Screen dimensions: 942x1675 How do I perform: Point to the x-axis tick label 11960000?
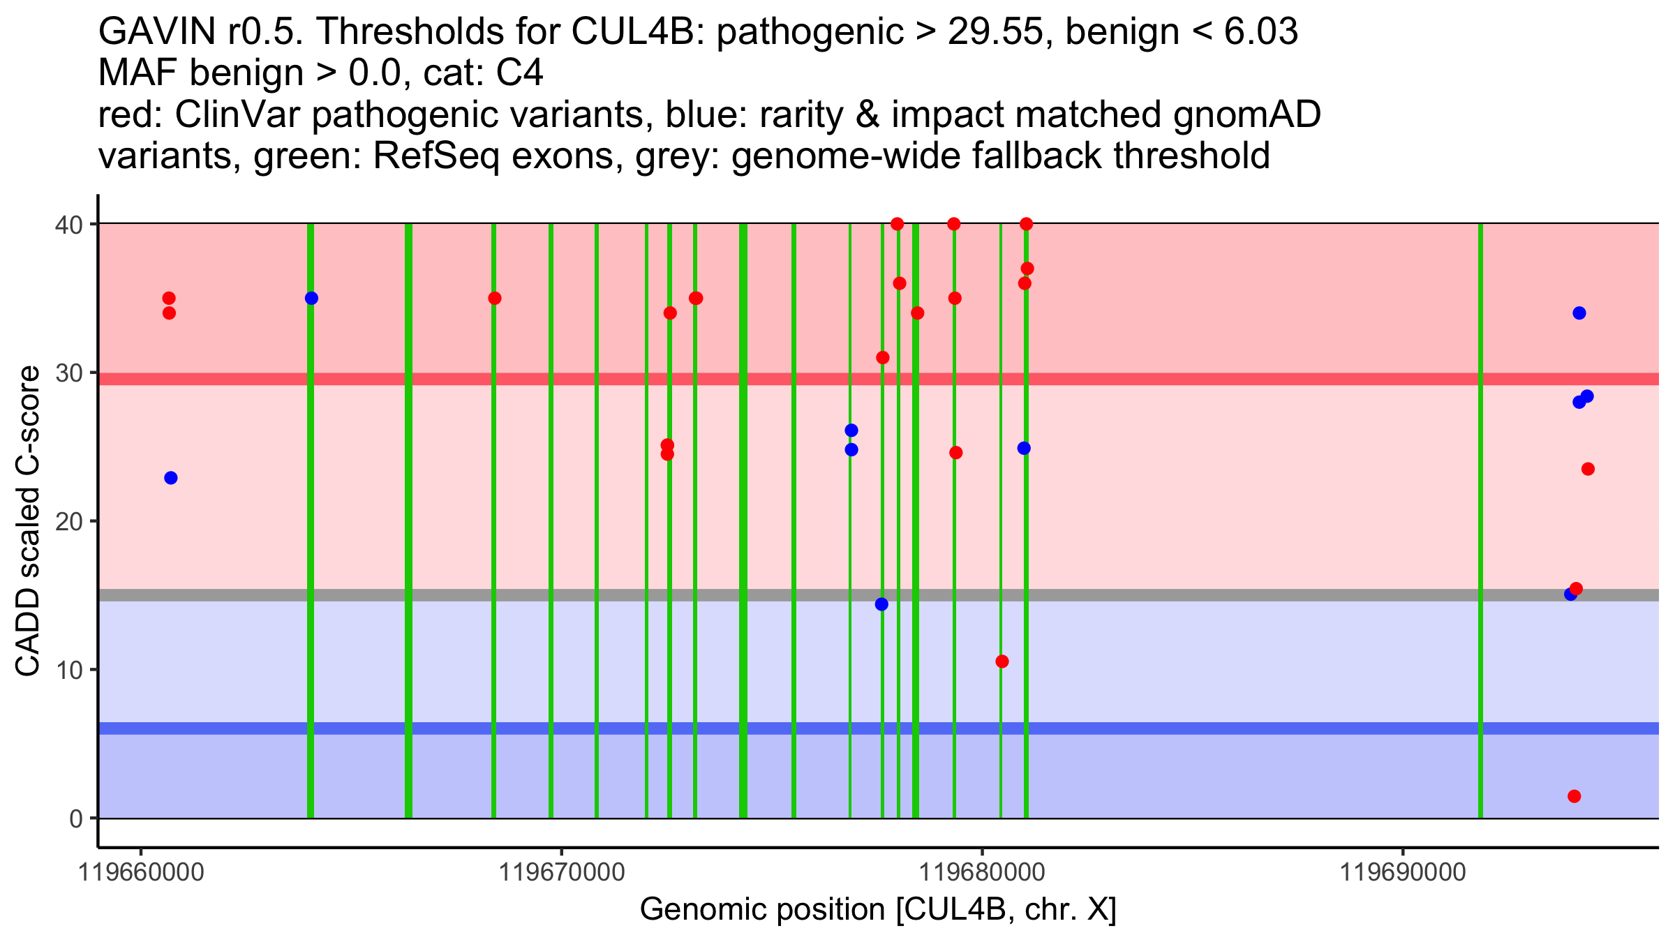[142, 873]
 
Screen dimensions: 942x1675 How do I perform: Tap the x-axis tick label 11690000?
[1404, 873]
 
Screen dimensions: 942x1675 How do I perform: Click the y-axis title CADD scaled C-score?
[28, 521]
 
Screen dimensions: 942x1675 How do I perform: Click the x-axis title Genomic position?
[878, 910]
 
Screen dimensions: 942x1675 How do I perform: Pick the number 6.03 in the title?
[1260, 31]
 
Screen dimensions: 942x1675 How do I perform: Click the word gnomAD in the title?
[1246, 114]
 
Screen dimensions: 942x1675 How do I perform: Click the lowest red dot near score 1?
[1574, 796]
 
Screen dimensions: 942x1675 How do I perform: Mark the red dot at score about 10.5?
[1002, 661]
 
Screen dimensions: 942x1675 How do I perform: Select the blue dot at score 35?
[311, 299]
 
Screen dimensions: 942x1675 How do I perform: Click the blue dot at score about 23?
[171, 478]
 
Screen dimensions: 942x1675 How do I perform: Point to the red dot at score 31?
[883, 358]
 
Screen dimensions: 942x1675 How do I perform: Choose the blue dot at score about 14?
[881, 604]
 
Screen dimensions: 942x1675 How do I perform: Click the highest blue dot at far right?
[1579, 313]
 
